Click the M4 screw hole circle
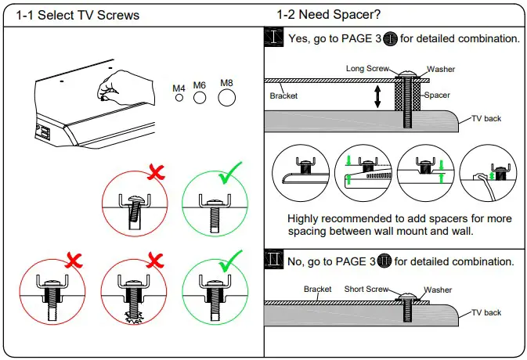[179, 99]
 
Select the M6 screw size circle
[200, 99]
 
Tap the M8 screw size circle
[227, 97]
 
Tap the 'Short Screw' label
[367, 289]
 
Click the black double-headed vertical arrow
[377, 95]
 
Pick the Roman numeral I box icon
[273, 38]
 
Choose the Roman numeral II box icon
[273, 261]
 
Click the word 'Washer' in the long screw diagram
[441, 70]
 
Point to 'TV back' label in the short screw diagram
[485, 312]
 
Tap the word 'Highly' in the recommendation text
[305, 218]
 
